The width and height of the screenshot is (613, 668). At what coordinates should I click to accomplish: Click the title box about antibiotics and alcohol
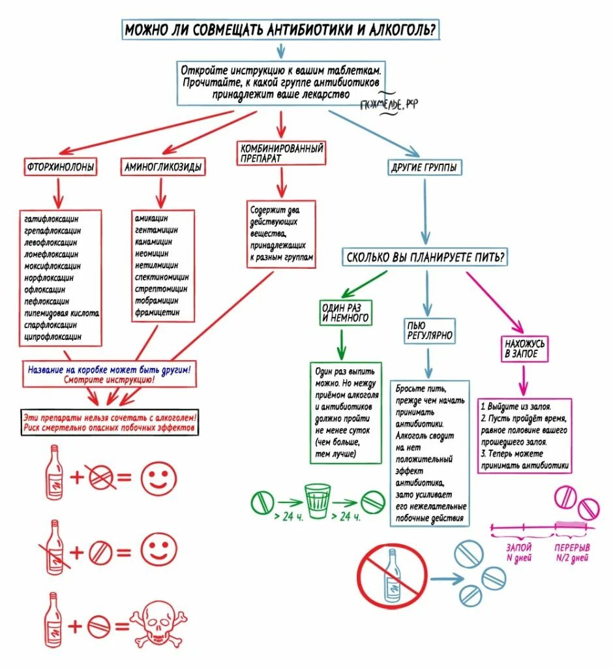click(280, 30)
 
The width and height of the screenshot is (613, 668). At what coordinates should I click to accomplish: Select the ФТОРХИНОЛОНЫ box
click(60, 168)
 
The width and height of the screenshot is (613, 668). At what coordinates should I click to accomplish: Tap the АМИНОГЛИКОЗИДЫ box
click(162, 168)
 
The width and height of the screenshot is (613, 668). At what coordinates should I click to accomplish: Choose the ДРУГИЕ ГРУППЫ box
click(424, 168)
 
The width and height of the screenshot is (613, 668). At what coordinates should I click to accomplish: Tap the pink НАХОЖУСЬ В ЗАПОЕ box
click(525, 348)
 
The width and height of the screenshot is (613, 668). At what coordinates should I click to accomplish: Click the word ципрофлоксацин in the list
click(53, 337)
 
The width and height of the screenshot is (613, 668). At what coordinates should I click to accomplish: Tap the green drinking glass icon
click(318, 500)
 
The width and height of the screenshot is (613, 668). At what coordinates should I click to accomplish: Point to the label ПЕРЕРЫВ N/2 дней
click(571, 552)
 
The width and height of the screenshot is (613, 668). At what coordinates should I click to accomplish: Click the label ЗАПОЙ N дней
click(519, 552)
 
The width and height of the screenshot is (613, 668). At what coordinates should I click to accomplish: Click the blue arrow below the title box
click(280, 50)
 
